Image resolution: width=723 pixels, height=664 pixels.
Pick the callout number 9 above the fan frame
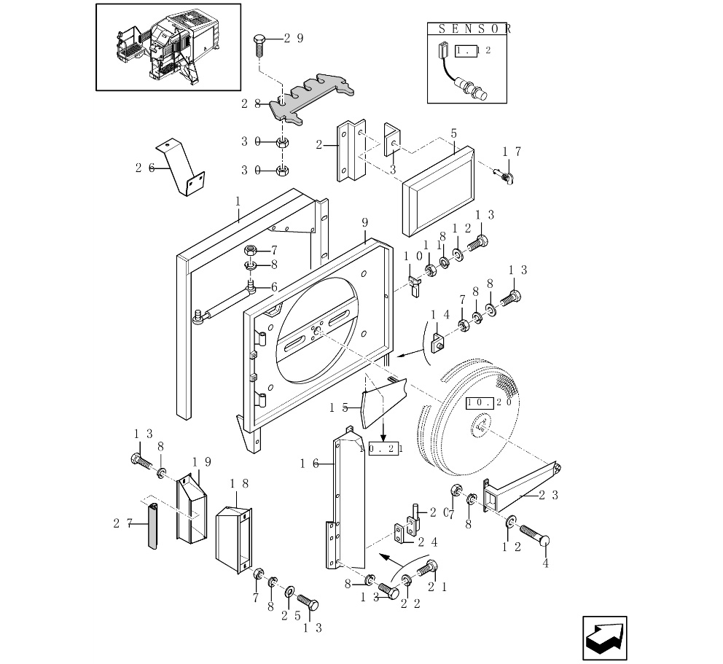click(x=364, y=222)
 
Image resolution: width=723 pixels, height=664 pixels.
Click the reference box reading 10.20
click(x=488, y=402)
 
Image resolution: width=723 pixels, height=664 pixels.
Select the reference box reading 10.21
click(x=385, y=449)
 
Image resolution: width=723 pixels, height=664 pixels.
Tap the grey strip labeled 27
click(x=153, y=526)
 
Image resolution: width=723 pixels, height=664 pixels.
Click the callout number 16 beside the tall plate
click(x=308, y=464)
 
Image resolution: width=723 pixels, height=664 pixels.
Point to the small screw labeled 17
click(x=504, y=175)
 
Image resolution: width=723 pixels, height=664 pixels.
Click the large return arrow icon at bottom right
click(x=605, y=639)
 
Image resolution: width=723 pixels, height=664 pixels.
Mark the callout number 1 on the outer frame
click(x=238, y=200)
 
